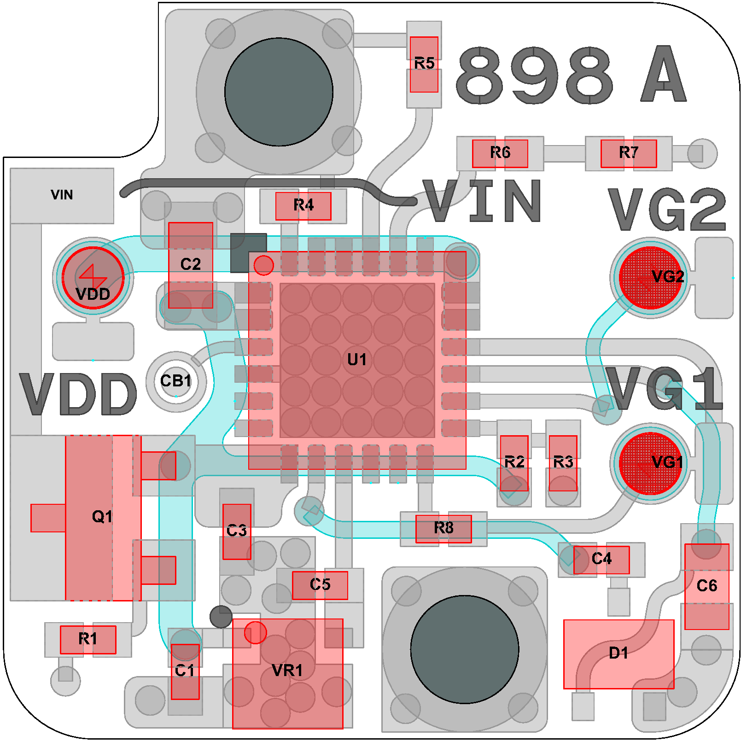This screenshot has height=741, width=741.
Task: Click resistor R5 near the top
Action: click(x=424, y=64)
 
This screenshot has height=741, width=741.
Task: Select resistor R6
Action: click(x=500, y=153)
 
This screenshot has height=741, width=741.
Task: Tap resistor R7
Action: click(x=629, y=153)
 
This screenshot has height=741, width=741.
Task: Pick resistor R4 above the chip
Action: click(x=303, y=206)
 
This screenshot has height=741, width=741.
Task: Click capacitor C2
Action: click(x=191, y=265)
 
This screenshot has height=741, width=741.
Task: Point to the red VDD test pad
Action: click(x=93, y=277)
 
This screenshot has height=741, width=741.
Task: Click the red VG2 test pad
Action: click(x=650, y=277)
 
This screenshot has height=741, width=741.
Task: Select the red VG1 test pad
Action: click(x=650, y=463)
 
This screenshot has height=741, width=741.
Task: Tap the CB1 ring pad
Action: click(x=176, y=382)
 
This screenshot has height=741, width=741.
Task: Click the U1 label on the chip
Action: click(x=357, y=359)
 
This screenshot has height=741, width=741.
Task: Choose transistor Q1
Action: click(x=103, y=518)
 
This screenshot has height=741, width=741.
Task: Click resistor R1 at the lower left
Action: click(x=88, y=639)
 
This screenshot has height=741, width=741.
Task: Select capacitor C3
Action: click(x=237, y=531)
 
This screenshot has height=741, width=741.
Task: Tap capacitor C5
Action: click(x=320, y=585)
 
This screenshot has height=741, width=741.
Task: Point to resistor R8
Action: click(x=443, y=529)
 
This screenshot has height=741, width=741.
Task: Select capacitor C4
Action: click(x=601, y=560)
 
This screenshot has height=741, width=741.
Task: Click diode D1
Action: click(x=619, y=654)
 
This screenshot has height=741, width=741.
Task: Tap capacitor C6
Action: click(x=707, y=587)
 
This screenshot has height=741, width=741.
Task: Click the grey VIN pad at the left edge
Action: click(x=62, y=196)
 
